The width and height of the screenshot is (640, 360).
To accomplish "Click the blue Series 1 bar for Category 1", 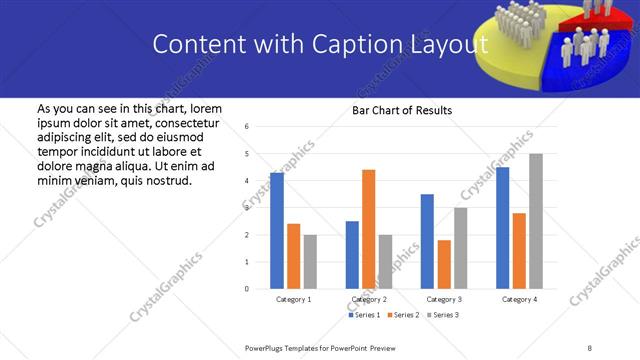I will tap(277, 231).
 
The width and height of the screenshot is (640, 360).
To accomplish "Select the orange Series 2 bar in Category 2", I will tap(368, 229).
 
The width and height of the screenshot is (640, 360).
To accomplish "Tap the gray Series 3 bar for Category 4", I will tap(536, 221).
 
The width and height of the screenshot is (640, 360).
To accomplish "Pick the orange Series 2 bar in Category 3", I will tap(444, 264).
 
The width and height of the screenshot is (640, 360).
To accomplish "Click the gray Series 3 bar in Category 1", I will tap(310, 262).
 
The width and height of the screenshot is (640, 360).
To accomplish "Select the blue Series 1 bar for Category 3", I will tap(427, 241).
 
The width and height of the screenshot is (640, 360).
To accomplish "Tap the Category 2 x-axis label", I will tap(369, 299).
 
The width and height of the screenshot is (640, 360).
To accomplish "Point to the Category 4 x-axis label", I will tap(519, 299).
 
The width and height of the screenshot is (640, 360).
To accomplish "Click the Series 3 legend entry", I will tap(443, 315).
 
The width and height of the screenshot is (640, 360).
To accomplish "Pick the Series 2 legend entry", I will tap(404, 315).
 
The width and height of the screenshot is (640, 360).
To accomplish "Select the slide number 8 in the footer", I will tap(589, 347).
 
